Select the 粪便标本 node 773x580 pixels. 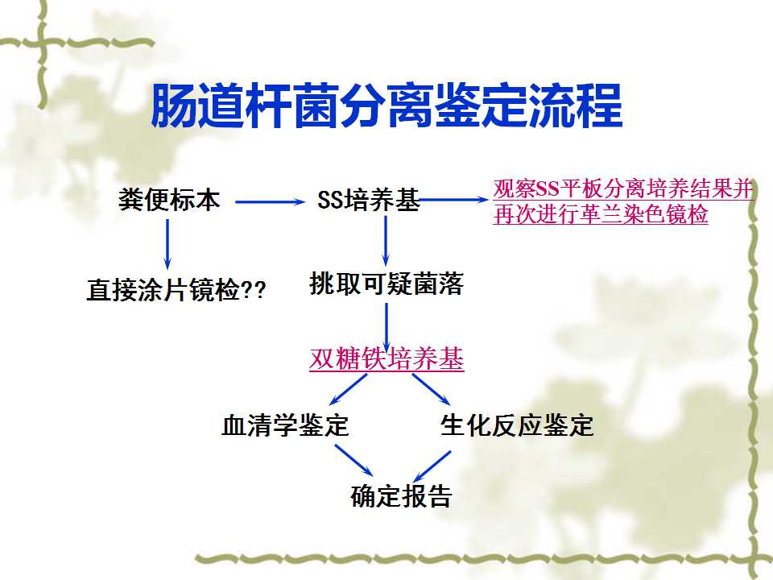(169, 200)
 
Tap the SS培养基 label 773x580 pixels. (368, 200)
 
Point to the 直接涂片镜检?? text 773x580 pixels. (176, 289)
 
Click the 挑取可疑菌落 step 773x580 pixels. (386, 284)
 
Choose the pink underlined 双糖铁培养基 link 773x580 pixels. (386, 358)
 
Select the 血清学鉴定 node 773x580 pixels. (285, 425)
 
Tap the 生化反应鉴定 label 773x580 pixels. (517, 425)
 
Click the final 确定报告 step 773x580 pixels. (401, 495)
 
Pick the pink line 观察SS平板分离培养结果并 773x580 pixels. (623, 188)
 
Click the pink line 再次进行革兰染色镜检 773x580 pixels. (601, 214)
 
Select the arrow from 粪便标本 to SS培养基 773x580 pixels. (271, 201)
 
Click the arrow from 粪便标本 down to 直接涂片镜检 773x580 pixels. (167, 244)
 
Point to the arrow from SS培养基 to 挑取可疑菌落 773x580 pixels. (386, 241)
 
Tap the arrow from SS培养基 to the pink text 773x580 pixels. (453, 200)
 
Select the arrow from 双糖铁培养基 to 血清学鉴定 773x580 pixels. (348, 390)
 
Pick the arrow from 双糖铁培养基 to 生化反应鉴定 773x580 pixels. (432, 390)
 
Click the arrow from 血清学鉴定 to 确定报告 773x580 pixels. (354, 460)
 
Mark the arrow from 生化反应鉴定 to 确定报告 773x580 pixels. (432, 466)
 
